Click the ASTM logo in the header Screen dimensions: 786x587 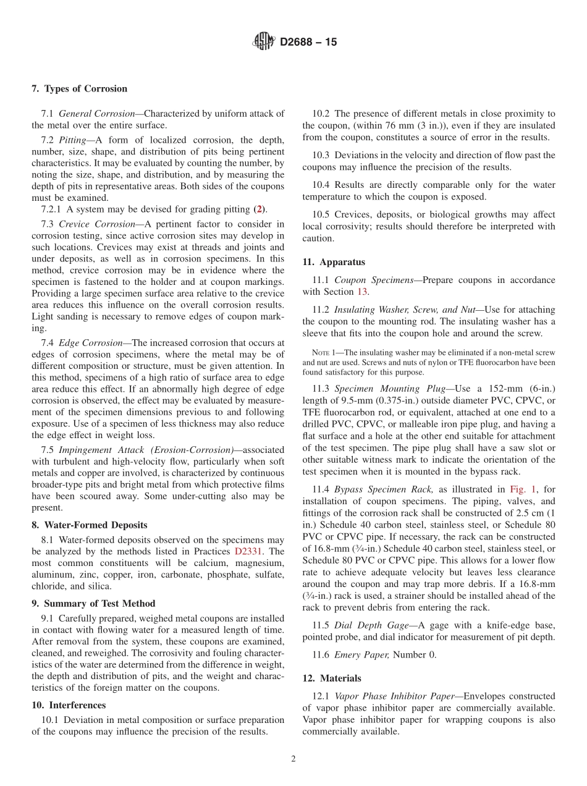264,42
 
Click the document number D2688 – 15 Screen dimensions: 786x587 308,43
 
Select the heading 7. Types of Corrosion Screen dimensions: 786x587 79,88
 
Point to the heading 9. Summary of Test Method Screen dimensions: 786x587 93,604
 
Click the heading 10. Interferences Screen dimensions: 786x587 69,705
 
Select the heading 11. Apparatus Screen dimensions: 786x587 334,262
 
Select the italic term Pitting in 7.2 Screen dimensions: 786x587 72,140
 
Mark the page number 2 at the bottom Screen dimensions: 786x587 293,759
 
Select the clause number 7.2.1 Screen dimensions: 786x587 52,209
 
